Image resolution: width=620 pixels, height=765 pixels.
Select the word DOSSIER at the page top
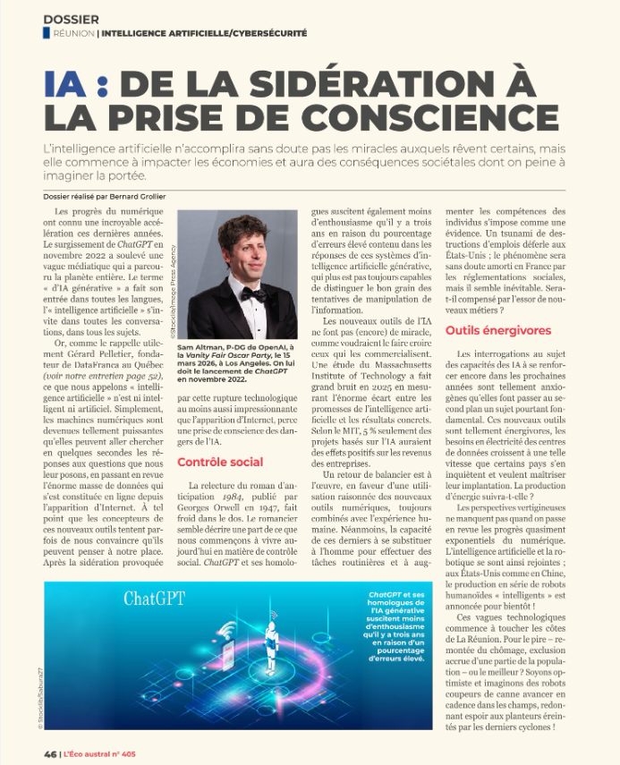(x=71, y=18)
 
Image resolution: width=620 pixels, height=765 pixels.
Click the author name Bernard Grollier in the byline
(x=136, y=196)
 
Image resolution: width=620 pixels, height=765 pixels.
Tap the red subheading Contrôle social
(x=220, y=462)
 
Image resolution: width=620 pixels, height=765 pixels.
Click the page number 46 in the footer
(x=50, y=753)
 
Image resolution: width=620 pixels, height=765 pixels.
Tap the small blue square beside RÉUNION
(x=46, y=33)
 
